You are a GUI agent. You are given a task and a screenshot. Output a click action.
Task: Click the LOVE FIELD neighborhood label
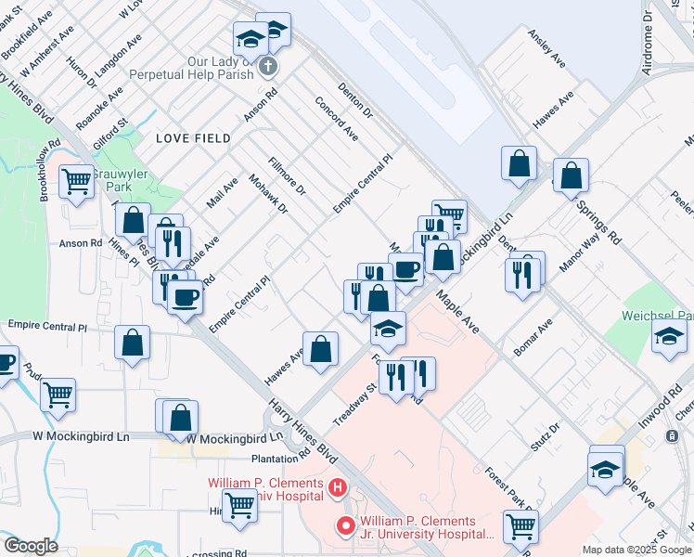[x=194, y=138]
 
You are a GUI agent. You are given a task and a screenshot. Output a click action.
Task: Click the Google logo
[x=31, y=546]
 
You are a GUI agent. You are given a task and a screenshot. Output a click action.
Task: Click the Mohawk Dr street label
[x=269, y=193]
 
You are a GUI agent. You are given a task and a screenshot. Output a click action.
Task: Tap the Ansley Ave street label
[x=546, y=47]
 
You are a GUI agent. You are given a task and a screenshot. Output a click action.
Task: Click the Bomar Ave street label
[x=533, y=336]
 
